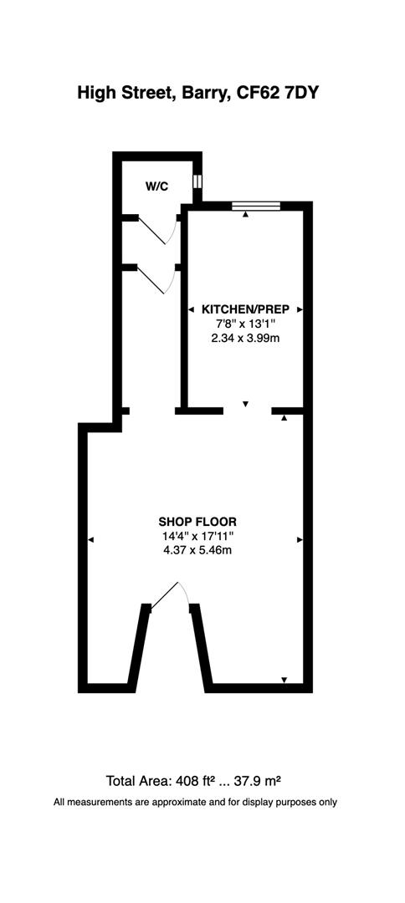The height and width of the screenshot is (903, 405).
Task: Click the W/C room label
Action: pos(156,186)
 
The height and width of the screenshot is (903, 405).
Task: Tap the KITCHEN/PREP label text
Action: pos(245,309)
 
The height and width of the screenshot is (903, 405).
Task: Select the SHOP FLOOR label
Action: pos(197,523)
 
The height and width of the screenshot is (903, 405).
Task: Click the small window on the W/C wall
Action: pos(197,181)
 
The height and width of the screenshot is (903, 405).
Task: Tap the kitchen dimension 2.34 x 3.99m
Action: pos(245,338)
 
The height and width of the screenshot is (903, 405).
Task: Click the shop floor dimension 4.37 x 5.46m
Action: pos(197,550)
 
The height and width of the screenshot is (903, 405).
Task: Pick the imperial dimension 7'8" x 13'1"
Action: pos(245,324)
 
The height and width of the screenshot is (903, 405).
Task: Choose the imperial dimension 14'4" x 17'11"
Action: pos(197,536)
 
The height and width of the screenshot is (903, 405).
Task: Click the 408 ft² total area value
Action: pos(197,782)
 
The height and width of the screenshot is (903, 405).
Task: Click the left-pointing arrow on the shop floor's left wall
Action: pos(91,540)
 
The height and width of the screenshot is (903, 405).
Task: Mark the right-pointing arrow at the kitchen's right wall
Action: pos(300,309)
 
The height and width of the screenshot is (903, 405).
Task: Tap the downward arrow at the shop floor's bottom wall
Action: pos(285,680)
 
